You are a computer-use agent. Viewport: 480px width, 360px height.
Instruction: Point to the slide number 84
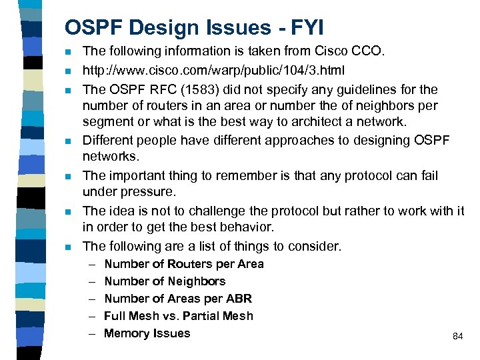click(457, 337)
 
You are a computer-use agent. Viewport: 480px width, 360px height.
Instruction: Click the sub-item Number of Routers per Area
click(184, 264)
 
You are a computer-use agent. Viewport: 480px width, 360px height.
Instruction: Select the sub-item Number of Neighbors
click(165, 281)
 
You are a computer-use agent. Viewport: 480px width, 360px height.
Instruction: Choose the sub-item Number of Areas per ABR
click(178, 299)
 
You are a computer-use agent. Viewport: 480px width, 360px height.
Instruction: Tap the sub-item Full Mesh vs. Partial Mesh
click(179, 316)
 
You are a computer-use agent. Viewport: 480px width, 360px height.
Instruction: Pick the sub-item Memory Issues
click(147, 333)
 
